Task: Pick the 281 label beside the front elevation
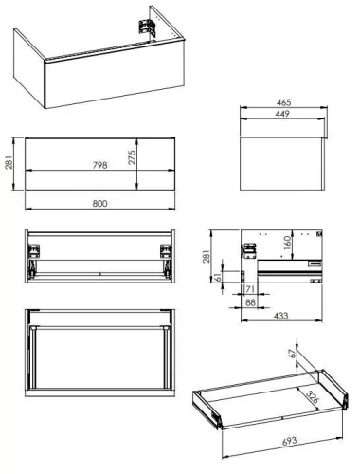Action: [x=9, y=163]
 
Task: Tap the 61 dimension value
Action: [x=221, y=278]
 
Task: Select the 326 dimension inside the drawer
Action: [x=308, y=398]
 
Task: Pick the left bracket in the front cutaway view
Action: [x=37, y=250]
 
